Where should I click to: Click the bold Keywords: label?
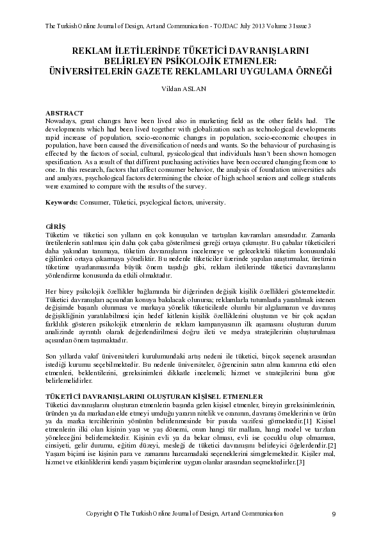click(x=61, y=202)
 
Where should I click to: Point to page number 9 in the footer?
click(x=334, y=514)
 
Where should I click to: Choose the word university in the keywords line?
click(x=210, y=202)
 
